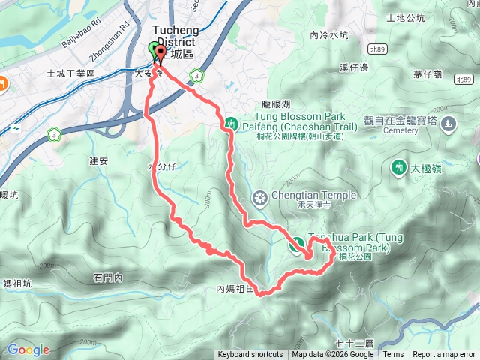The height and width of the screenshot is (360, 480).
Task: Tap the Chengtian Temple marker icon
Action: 260,198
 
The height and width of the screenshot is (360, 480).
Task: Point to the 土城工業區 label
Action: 70,73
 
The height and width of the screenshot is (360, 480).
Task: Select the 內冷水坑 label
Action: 328,35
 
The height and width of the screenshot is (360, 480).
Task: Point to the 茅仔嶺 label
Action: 427,73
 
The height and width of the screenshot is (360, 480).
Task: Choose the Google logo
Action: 28,349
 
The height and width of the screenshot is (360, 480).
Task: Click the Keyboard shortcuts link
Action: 250,355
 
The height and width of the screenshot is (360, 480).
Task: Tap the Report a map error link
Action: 444,355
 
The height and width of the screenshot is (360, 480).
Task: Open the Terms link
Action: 393,355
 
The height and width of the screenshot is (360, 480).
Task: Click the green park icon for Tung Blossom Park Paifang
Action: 231,122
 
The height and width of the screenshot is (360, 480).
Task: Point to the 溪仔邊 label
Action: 354,67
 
